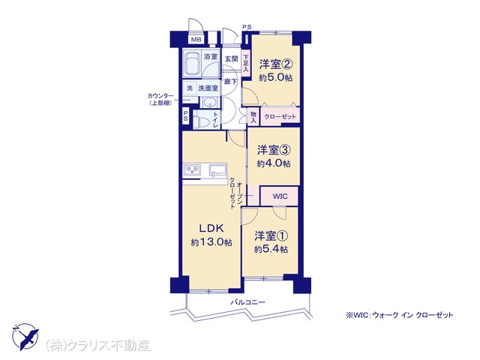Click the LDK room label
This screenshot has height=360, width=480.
[211, 228]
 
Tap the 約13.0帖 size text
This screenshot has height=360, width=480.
[211, 242]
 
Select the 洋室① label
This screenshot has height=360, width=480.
[271, 236]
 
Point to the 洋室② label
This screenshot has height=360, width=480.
[276, 64]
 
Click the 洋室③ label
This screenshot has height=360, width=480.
[274, 150]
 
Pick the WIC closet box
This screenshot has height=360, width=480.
[279, 196]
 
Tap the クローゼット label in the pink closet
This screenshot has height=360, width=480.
[280, 117]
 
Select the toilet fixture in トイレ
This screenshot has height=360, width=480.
[202, 120]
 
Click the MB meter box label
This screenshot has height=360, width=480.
[196, 40]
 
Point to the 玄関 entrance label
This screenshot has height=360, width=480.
[232, 58]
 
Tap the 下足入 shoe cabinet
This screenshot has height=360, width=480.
[246, 63]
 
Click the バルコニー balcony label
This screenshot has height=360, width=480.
[247, 302]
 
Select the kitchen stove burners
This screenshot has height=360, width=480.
[193, 170]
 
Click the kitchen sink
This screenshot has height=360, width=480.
[217, 170]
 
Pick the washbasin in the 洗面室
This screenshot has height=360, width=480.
[210, 102]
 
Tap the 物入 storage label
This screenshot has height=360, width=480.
[253, 117]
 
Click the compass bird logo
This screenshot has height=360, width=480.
[25, 337]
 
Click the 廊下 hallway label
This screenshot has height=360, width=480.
[230, 82]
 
